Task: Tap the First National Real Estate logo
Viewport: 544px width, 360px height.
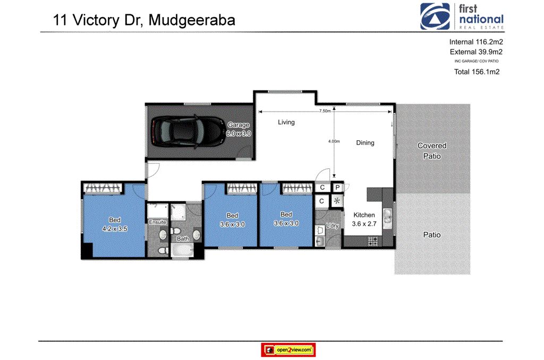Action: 461,16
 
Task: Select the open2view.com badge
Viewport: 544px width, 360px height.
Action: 288,350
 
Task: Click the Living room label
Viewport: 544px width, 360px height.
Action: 286,123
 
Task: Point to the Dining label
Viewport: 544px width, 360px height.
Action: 365,143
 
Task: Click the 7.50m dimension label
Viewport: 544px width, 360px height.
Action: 325,112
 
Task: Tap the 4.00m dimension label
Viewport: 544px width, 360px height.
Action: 333,141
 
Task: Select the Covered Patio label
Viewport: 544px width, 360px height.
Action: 432,151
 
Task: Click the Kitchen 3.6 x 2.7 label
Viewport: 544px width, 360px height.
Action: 364,219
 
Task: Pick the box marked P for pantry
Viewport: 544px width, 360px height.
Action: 337,188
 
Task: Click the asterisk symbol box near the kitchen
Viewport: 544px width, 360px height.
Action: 337,201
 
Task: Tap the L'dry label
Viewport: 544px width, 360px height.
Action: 333,226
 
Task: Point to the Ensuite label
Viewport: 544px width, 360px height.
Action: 157,222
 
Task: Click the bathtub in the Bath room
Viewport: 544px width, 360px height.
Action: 182,249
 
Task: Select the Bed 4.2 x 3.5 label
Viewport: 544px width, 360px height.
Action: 115,225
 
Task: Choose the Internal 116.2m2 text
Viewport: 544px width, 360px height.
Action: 476,42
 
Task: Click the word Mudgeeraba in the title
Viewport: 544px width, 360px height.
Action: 192,20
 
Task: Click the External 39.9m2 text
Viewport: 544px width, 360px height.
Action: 476,52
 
